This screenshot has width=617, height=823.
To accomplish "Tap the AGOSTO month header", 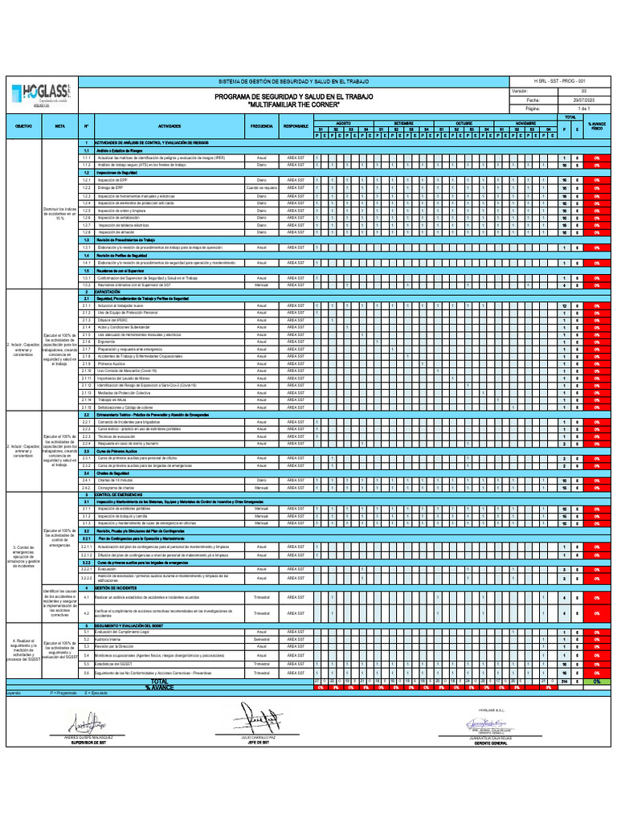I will pos(343,124).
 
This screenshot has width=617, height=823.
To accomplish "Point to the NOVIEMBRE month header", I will pos(525,124).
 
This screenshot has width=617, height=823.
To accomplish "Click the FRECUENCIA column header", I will pos(262,127).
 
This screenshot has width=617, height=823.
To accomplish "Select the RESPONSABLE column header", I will pos(296,127).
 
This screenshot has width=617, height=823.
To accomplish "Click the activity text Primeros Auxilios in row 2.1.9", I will pos(112,363).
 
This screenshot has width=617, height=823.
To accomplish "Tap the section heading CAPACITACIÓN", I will pos(108,292).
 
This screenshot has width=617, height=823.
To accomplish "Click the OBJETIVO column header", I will pos(24,127).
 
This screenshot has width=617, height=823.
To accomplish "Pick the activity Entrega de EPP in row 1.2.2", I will pos(112,187).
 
